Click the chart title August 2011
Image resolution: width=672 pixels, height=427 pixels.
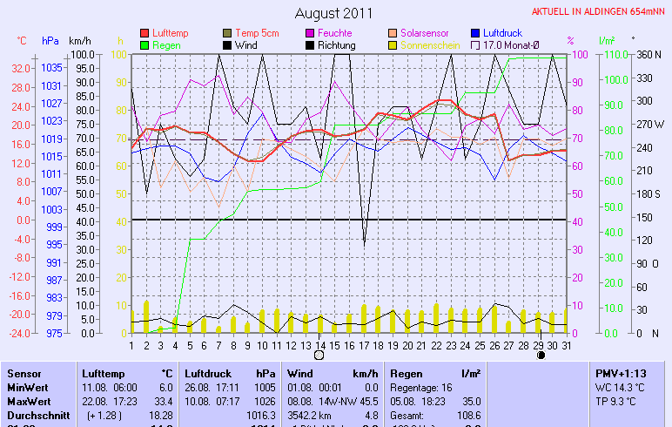tap(333, 13)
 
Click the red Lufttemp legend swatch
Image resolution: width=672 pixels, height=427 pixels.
tap(144, 33)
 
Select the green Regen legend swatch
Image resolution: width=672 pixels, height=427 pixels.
tap(144, 45)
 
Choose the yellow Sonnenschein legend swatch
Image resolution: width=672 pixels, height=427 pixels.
tap(393, 45)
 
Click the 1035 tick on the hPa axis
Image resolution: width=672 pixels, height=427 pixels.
tap(51, 68)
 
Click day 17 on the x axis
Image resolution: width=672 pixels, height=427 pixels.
tap(362, 345)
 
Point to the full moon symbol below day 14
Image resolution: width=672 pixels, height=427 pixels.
tap(319, 356)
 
